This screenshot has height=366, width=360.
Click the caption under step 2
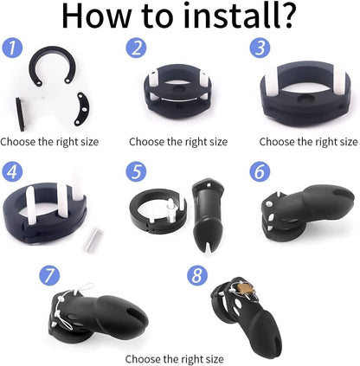coord(178,141)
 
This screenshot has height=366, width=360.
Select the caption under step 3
coord(309,141)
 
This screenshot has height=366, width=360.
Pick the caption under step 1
coord(49,141)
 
